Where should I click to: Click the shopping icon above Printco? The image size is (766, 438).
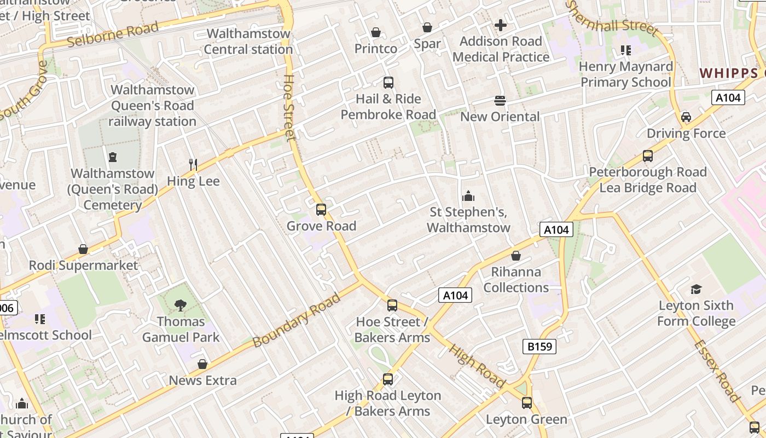point(376,33)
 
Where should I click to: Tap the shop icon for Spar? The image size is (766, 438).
point(427,27)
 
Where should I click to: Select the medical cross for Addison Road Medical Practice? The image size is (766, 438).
point(501,25)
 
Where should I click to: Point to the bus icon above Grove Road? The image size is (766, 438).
point(321,210)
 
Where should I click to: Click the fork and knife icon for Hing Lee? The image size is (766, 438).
point(193,165)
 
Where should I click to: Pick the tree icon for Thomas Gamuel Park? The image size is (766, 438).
point(180,305)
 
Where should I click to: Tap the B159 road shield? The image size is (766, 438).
point(539,347)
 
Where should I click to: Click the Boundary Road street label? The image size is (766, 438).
point(297,321)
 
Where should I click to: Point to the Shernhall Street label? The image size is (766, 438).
point(611,19)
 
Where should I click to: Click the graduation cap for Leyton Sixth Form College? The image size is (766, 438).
point(696,289)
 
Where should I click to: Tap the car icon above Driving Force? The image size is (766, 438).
point(686,117)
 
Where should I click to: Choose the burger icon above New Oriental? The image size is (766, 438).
point(500,101)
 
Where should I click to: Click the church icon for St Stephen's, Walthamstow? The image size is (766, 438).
point(468,196)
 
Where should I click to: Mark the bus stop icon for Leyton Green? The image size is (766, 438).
point(527,404)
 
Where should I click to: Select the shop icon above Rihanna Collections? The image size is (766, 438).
point(516,256)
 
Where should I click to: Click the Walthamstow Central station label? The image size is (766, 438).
point(248,42)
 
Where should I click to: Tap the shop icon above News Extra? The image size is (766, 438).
point(202,364)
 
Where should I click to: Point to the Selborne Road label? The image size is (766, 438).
point(112,34)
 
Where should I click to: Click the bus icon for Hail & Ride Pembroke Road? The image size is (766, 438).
point(388,83)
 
